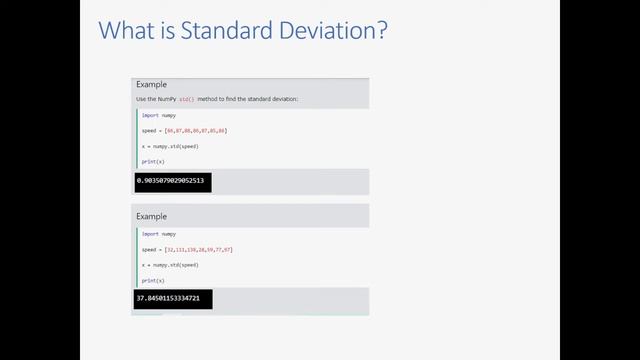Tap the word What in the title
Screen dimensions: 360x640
127,32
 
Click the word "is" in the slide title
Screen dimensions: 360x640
168,32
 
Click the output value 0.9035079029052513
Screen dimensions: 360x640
170,182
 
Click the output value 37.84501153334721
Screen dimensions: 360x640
168,299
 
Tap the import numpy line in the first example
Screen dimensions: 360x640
157,115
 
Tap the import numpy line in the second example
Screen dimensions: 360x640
157,233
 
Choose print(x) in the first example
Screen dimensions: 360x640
152,162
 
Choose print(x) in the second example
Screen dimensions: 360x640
152,280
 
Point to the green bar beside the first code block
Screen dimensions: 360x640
136,138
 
